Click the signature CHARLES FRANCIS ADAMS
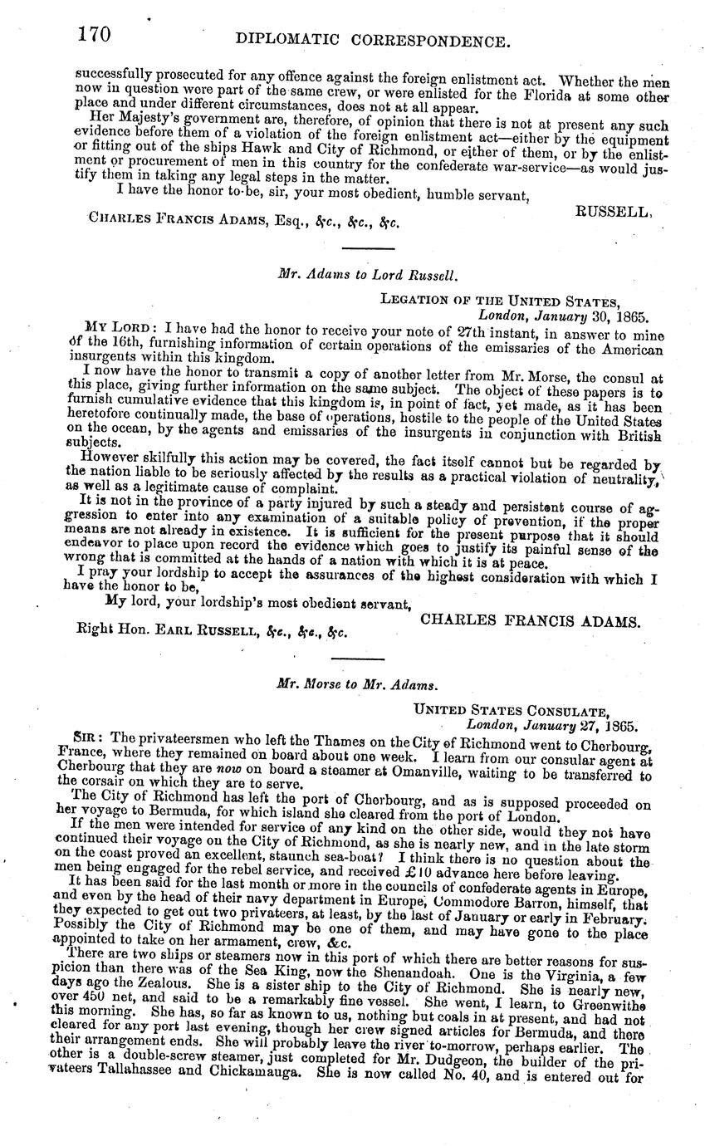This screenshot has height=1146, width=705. [530, 620]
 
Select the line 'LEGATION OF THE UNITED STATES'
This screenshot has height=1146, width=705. [500, 301]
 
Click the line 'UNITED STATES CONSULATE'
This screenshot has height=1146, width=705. [512, 711]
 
